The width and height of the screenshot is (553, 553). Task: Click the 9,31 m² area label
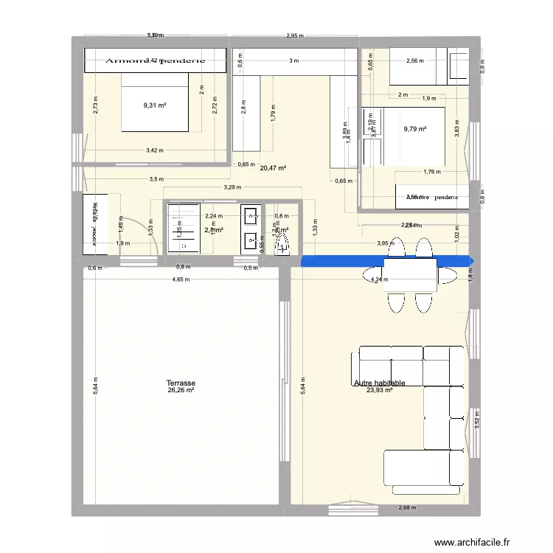click(155, 105)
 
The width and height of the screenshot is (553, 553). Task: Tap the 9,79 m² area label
click(415, 129)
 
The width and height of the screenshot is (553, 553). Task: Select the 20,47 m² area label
click(273, 168)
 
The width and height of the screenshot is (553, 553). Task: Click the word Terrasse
click(181, 383)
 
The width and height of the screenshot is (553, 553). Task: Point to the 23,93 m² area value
click(379, 391)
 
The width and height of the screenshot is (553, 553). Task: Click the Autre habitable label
click(379, 383)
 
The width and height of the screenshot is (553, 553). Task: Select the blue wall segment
click(387, 260)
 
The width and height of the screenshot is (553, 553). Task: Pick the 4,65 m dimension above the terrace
click(181, 279)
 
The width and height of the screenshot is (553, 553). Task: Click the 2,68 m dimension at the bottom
click(407, 507)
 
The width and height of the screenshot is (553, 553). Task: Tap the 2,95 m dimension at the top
click(296, 35)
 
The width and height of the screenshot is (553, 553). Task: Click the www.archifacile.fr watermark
click(472, 543)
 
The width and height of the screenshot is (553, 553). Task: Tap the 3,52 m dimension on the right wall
click(477, 420)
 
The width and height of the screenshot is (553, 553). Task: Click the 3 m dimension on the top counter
click(294, 60)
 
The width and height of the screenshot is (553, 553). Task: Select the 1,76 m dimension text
click(432, 172)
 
